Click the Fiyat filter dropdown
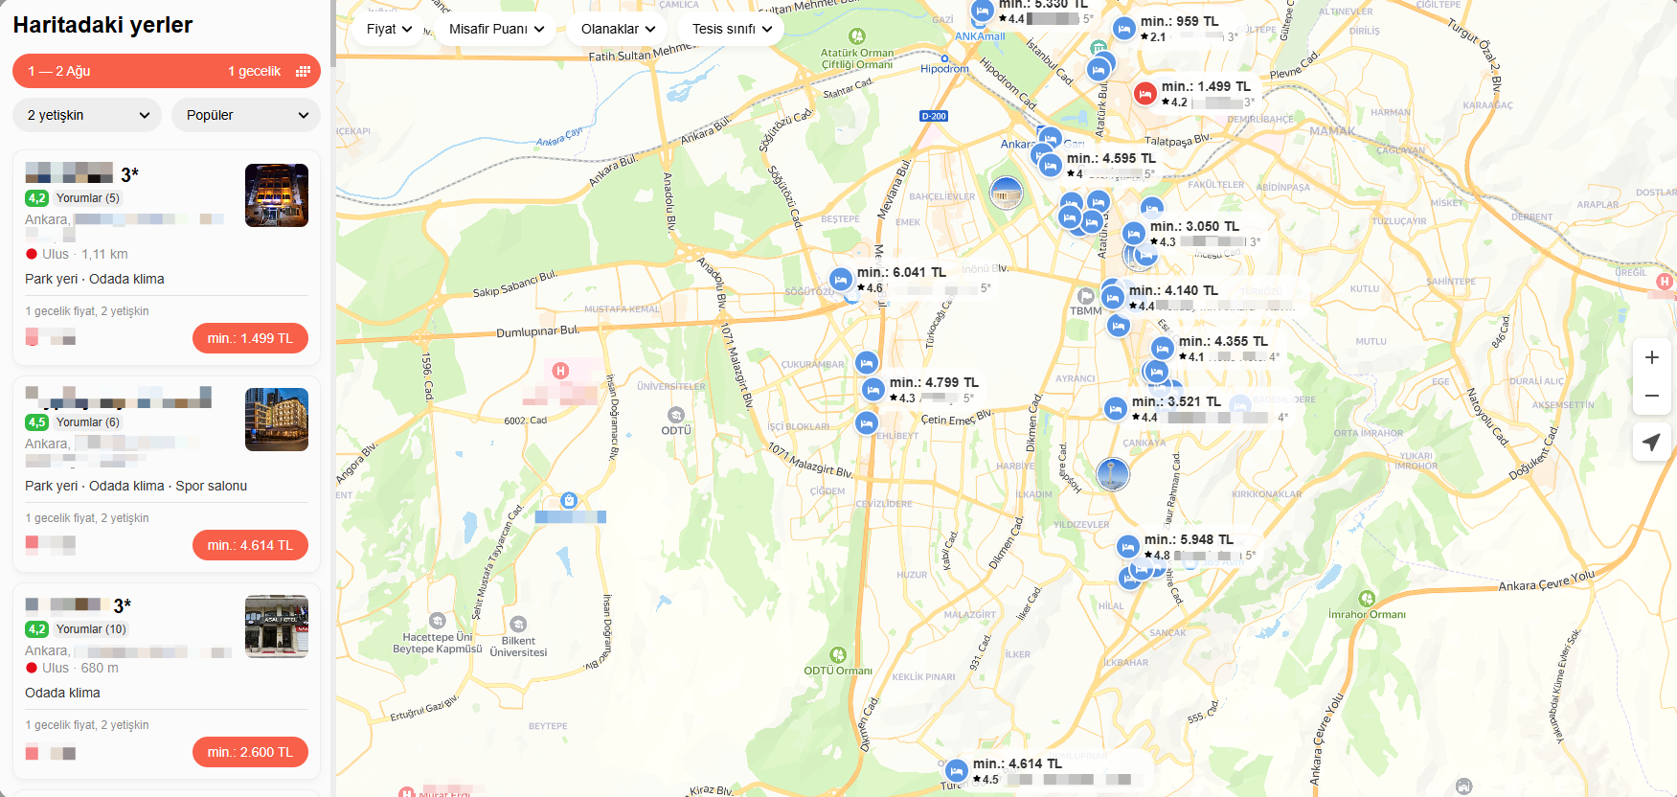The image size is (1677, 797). click(x=389, y=29)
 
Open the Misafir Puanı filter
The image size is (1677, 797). click(x=496, y=29)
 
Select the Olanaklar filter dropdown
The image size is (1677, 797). click(x=618, y=29)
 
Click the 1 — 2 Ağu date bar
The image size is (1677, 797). click(x=167, y=71)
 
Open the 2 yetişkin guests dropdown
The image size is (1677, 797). click(x=88, y=115)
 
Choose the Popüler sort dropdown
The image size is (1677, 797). click(x=246, y=115)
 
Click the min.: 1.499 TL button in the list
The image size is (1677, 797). click(x=250, y=338)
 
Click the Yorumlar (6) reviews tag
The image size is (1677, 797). click(x=87, y=422)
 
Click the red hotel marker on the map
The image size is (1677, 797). click(x=1144, y=94)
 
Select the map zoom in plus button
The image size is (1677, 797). click(x=1652, y=357)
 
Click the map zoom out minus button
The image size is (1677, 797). click(x=1652, y=396)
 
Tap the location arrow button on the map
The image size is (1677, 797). click(x=1652, y=442)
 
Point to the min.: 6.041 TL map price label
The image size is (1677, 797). click(x=901, y=273)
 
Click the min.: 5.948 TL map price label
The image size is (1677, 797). click(x=1189, y=540)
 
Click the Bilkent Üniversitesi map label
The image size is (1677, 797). click(x=518, y=647)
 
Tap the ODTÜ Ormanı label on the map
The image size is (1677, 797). click(x=838, y=671)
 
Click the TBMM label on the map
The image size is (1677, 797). click(x=1086, y=310)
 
